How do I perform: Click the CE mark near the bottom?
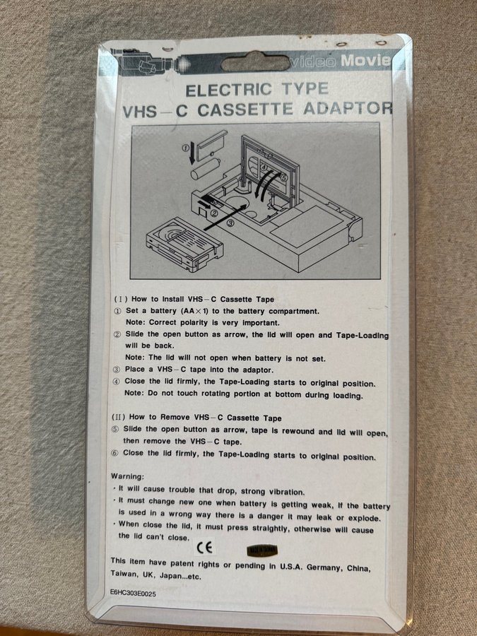click(x=204, y=548)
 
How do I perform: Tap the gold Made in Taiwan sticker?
click(x=262, y=550)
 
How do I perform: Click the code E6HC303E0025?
click(x=133, y=593)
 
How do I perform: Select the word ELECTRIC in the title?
click(x=228, y=90)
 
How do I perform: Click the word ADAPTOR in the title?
click(x=348, y=108)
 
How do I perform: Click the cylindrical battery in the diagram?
click(x=205, y=168)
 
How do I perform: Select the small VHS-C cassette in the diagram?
click(x=184, y=245)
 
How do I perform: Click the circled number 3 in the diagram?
click(x=230, y=223)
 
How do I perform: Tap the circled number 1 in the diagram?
click(x=185, y=148)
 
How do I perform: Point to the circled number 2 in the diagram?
click(x=215, y=212)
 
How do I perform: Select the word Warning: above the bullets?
click(x=127, y=476)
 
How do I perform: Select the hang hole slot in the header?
click(x=256, y=62)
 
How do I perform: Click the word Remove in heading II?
click(x=175, y=417)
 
